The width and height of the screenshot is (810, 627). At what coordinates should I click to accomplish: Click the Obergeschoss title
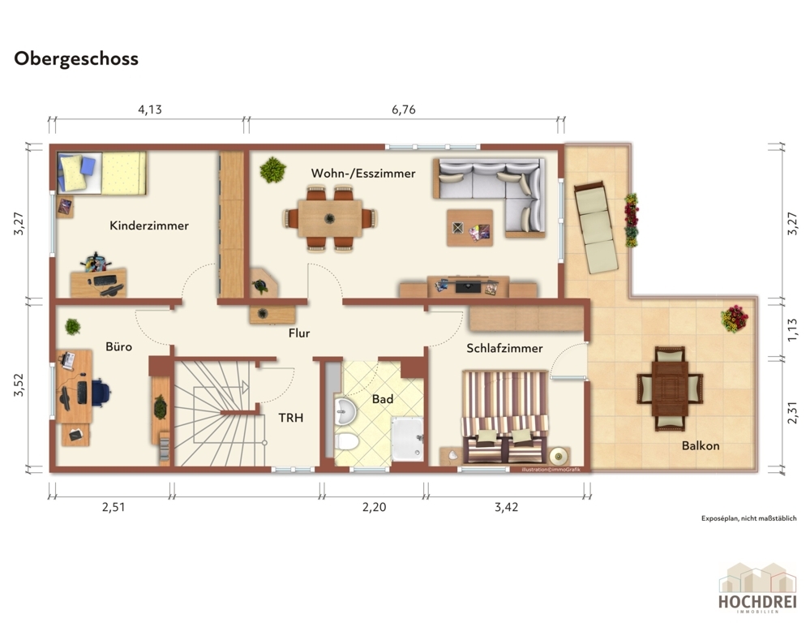tap(76, 59)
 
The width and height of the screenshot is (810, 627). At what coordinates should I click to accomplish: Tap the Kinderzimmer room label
tap(148, 225)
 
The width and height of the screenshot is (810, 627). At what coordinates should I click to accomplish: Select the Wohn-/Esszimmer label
tap(363, 173)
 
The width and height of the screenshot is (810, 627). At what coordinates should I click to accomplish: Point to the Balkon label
tap(701, 445)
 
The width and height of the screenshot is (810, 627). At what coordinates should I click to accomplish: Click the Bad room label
tap(383, 399)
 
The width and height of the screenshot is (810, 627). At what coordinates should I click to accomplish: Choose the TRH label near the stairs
tap(291, 418)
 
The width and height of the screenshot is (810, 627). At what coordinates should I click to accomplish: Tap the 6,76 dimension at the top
tap(404, 110)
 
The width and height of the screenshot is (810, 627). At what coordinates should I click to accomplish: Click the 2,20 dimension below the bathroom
tap(374, 507)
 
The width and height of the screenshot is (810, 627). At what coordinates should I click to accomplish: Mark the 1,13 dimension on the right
tap(792, 330)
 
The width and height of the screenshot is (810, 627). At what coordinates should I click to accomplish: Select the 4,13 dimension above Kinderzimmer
tap(150, 110)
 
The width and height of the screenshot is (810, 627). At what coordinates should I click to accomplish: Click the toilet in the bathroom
tap(346, 442)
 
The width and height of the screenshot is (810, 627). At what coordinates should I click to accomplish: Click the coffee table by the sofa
tap(469, 228)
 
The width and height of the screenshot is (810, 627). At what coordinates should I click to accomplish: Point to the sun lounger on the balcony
tap(596, 227)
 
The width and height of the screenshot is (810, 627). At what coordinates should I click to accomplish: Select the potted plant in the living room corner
tap(272, 170)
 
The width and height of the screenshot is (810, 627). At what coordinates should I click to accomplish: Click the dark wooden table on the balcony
tap(670, 389)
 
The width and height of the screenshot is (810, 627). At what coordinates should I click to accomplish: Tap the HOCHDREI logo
tap(757, 588)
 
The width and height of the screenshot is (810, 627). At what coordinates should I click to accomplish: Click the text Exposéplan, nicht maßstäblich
tap(748, 518)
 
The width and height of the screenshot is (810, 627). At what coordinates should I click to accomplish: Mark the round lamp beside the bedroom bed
tap(559, 456)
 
